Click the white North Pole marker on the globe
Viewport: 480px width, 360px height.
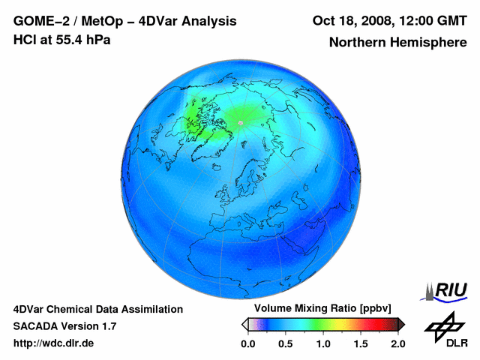pos(240,122)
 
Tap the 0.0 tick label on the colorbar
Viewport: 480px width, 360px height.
pos(248,343)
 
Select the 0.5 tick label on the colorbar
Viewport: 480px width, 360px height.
pos(286,343)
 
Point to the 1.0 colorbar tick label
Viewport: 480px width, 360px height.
pos(323,343)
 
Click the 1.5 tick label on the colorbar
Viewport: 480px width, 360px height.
pos(361,343)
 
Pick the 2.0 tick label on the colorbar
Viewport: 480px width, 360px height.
pos(397,343)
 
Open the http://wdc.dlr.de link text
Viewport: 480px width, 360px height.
pos(54,343)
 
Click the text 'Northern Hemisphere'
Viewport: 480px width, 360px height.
pos(397,43)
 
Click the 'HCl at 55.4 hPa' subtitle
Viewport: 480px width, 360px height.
pos(61,40)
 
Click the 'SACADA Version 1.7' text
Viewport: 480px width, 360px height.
pos(64,326)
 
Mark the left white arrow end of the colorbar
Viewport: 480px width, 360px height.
pos(244,324)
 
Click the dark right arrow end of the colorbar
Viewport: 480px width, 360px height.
pos(401,324)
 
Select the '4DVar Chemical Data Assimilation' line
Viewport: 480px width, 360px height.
pos(97,309)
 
